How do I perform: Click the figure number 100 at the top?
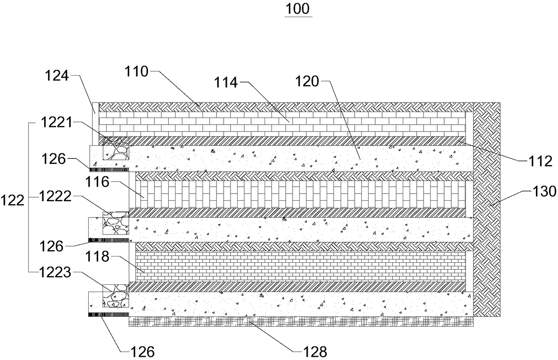click(298, 9)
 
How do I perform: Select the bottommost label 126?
click(140, 351)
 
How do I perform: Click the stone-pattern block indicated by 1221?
click(117, 148)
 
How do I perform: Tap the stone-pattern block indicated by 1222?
click(116, 224)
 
